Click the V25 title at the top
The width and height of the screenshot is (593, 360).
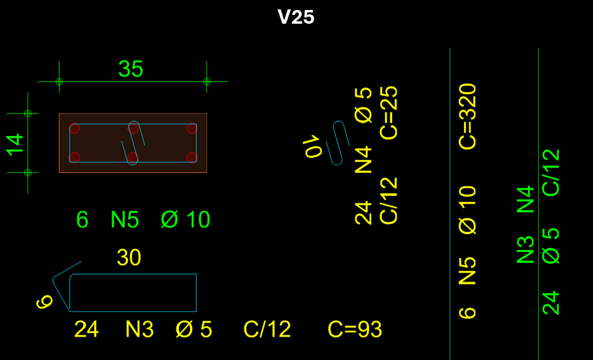pyautogui.click(x=296, y=17)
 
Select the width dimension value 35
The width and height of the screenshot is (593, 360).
pyautogui.click(x=131, y=69)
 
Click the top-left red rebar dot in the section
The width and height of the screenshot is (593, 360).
pyautogui.click(x=74, y=129)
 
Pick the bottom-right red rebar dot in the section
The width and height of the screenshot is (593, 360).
pyautogui.click(x=191, y=157)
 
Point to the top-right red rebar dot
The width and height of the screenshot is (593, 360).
pyautogui.click(x=191, y=129)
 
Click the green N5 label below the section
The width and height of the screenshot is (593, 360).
pyautogui.click(x=125, y=220)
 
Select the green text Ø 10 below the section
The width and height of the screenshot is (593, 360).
pyautogui.click(x=185, y=220)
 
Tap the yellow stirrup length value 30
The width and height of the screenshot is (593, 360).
pyautogui.click(x=129, y=258)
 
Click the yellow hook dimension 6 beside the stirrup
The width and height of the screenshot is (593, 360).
pyautogui.click(x=44, y=303)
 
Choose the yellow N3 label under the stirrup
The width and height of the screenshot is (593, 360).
pyautogui.click(x=140, y=329)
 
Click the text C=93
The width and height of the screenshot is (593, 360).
pyautogui.click(x=355, y=329)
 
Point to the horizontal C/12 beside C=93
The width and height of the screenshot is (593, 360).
pyautogui.click(x=267, y=329)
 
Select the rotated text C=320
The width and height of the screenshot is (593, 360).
pyautogui.click(x=468, y=116)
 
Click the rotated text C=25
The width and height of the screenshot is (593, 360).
pyautogui.click(x=389, y=112)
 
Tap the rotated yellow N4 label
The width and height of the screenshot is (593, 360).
pyautogui.click(x=364, y=158)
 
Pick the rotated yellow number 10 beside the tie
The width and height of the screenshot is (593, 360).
pyautogui.click(x=312, y=147)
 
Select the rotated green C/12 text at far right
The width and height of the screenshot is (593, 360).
pyautogui.click(x=551, y=172)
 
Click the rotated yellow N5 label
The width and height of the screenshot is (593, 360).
pyautogui.click(x=468, y=270)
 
